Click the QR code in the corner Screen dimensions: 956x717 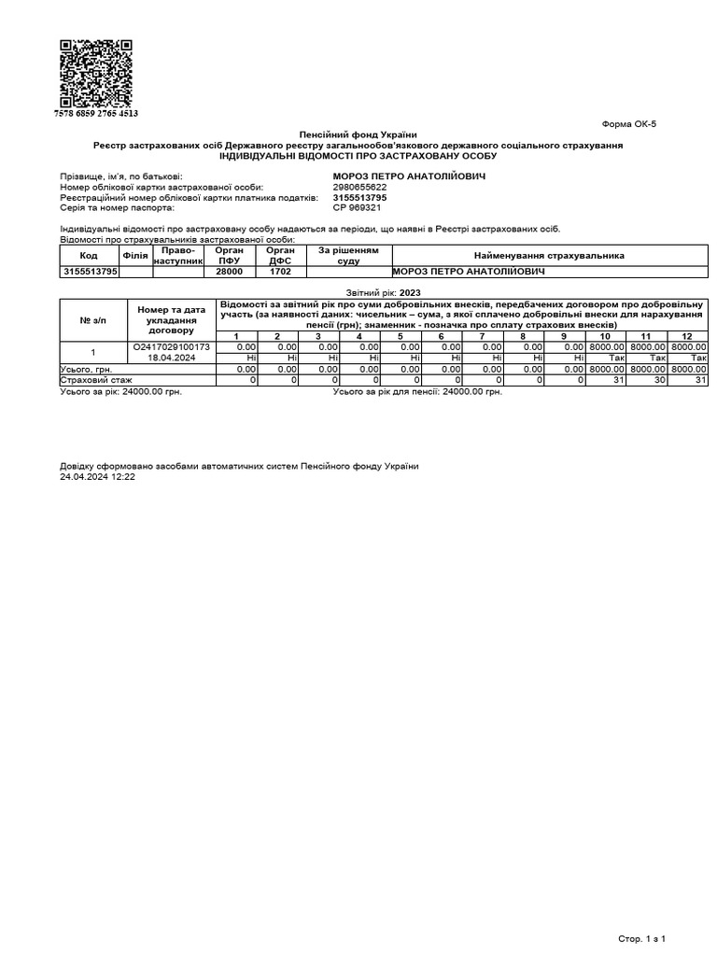pos(96,74)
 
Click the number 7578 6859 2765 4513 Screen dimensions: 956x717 pos(96,113)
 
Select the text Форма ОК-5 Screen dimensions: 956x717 pos(629,124)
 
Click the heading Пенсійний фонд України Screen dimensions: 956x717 pos(358,135)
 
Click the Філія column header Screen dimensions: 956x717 pos(135,255)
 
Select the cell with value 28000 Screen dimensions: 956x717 pos(230,272)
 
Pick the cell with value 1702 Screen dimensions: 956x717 pos(281,272)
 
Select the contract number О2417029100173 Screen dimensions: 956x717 pos(172,346)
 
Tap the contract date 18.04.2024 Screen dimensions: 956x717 pos(172,358)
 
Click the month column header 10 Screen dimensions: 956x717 pos(605,336)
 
